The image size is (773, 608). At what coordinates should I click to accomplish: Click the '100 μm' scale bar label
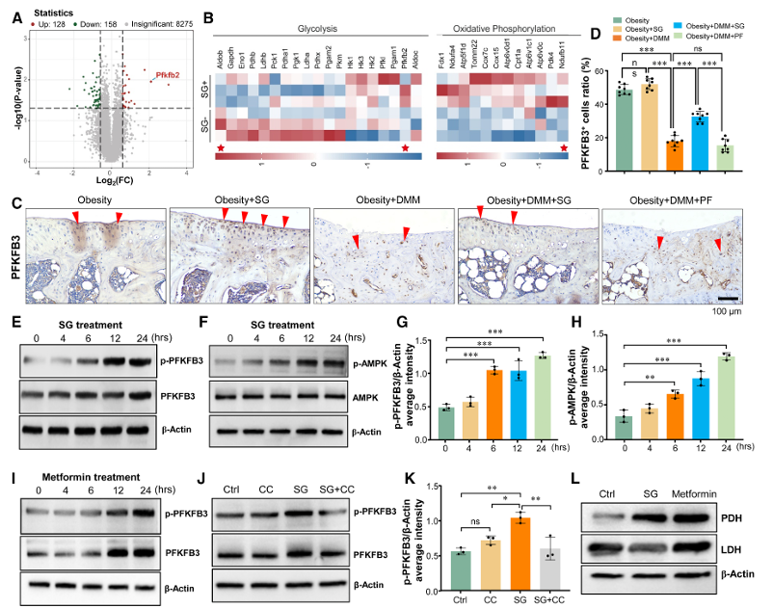(x=733, y=311)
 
